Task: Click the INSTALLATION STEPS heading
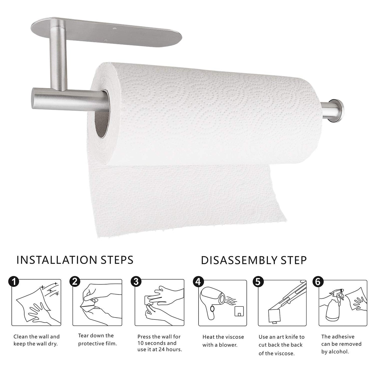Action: (75, 260)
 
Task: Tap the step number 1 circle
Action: (13, 281)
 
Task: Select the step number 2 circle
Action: (75, 281)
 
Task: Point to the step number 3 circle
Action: (136, 281)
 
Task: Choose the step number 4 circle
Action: (198, 282)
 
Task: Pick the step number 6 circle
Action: (318, 282)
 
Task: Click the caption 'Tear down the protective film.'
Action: (98, 340)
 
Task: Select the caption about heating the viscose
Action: (223, 341)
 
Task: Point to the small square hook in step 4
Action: (239, 311)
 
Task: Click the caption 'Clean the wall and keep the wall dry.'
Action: (36, 340)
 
